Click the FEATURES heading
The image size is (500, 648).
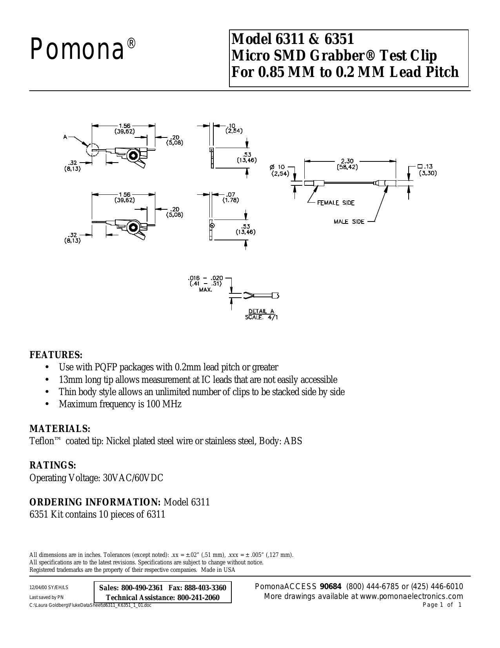point(56,355)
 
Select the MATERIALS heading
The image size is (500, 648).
point(60,429)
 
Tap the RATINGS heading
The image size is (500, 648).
point(53,465)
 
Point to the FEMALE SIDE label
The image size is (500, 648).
point(336,203)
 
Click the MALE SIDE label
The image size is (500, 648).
point(349,221)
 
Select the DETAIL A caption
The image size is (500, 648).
point(261,311)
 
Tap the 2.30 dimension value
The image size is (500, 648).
point(347,161)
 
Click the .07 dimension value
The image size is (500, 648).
point(230,195)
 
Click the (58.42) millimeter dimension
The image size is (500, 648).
point(347,167)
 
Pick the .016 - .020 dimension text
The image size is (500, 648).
point(205,278)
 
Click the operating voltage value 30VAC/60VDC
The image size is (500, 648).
point(133,478)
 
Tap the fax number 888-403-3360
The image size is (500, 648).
point(205,588)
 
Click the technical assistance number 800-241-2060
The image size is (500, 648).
point(198,598)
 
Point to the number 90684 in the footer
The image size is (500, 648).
point(331,587)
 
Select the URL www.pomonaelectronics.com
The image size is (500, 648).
point(411,597)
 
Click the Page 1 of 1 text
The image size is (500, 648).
point(442,605)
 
